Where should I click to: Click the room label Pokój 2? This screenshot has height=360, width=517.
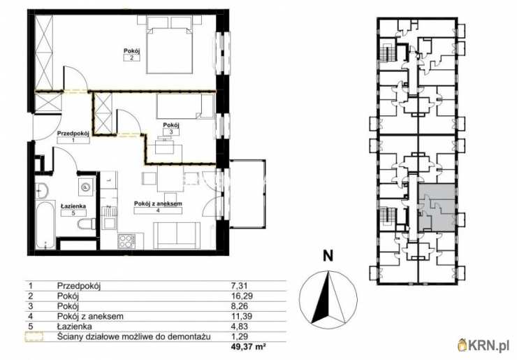tap(132, 55)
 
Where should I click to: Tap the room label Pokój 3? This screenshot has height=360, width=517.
tap(171, 129)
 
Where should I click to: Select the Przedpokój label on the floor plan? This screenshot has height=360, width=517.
tap(73, 136)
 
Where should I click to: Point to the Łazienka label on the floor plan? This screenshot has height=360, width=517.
tap(73, 210)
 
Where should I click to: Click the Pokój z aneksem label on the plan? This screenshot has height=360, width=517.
tap(158, 207)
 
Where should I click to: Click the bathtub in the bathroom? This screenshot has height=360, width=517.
tap(46, 224)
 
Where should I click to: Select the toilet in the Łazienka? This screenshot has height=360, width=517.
tap(87, 224)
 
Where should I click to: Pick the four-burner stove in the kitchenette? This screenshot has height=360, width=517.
tap(126, 241)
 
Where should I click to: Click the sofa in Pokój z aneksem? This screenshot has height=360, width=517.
tap(177, 236)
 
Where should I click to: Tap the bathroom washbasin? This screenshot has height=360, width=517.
tap(41, 189)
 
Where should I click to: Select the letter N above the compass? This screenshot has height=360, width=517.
tap(328, 256)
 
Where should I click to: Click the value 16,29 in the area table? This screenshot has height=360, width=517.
tap(242, 296)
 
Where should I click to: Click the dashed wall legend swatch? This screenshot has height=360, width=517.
tap(34, 336)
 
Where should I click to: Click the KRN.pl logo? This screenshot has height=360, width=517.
tap(484, 345)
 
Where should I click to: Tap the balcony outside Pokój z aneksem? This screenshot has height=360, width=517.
tap(247, 194)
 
